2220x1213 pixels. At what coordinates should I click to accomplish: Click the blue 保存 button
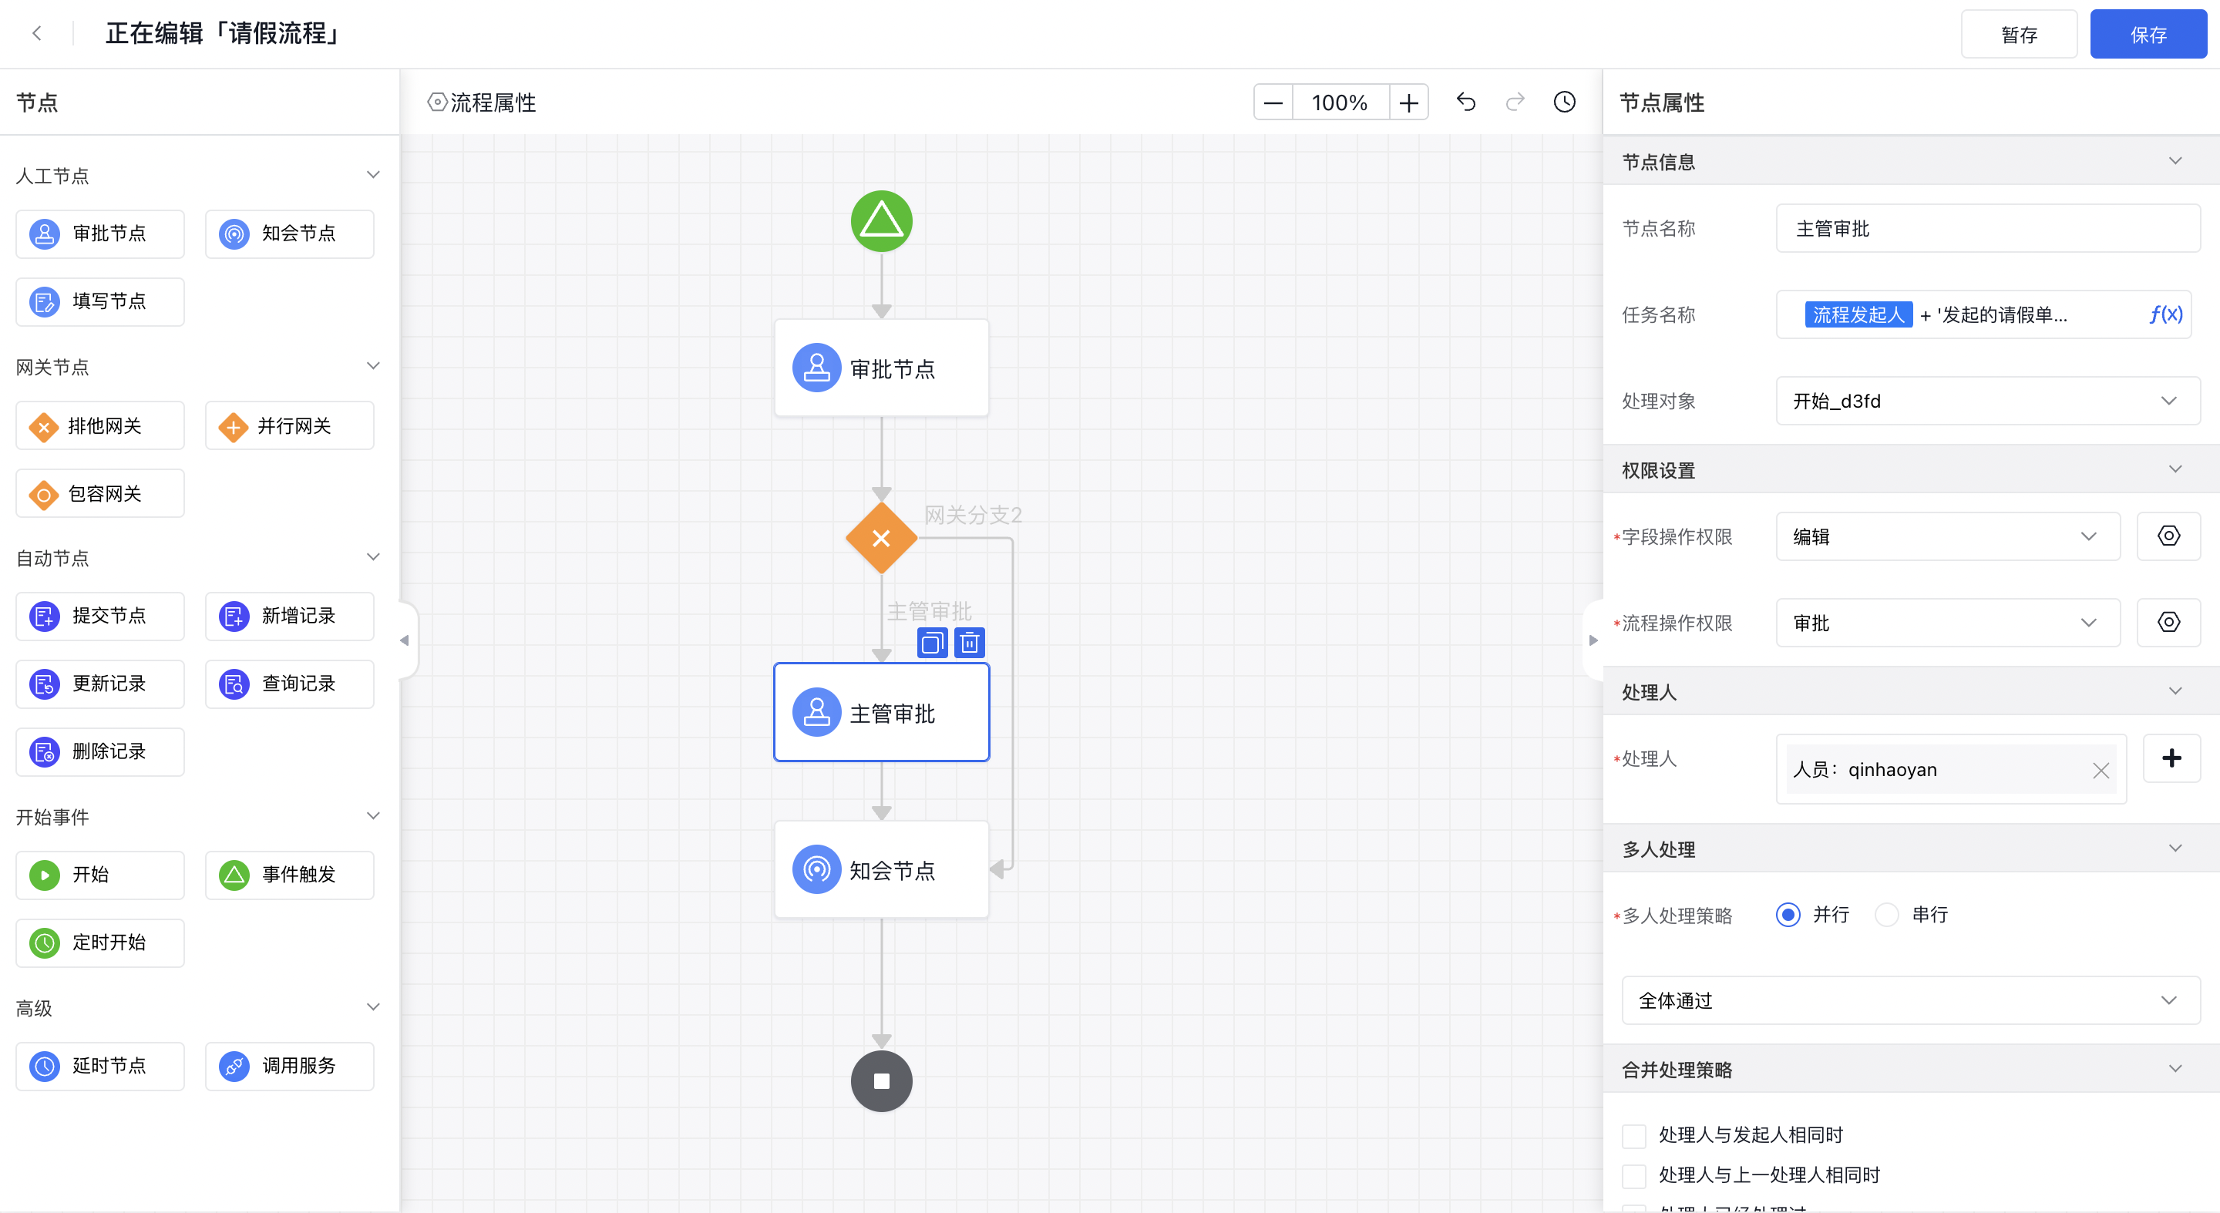pos(2148,35)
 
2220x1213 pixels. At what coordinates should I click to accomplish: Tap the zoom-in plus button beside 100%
pos(1408,102)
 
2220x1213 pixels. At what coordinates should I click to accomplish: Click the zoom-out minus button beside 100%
pos(1273,102)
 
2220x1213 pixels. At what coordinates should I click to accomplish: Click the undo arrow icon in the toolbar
pos(1466,102)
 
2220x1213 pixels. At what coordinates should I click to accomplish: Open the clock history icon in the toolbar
pos(1564,102)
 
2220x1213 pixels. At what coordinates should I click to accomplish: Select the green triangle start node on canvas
pos(881,221)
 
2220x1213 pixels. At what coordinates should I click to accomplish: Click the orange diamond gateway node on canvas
pos(881,539)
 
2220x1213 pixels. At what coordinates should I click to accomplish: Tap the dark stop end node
pos(881,1081)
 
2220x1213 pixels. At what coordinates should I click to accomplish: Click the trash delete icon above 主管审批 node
pos(970,643)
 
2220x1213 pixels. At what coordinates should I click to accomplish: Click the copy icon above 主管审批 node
pos(932,643)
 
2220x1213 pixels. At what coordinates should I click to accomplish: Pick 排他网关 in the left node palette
pos(100,425)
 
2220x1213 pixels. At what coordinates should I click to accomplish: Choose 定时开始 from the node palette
pos(100,943)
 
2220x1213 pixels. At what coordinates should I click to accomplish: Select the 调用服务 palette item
pos(290,1066)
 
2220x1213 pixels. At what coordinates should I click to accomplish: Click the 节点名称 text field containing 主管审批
pos(1987,228)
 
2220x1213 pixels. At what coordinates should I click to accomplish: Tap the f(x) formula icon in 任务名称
pos(2164,314)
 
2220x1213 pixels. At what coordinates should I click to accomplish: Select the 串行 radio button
pos(1886,914)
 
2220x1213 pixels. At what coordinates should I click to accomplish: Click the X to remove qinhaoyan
pos(2101,770)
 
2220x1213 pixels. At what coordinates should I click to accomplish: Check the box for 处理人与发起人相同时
pos(1634,1135)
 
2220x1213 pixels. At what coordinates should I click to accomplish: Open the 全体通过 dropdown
pos(1911,1000)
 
